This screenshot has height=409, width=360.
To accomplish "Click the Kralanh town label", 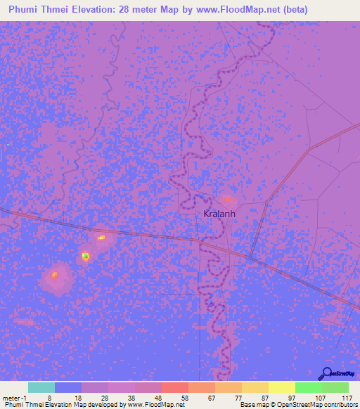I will click(217, 214).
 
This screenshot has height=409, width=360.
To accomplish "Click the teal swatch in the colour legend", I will click(41, 387).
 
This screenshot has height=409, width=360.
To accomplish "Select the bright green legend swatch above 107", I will click(308, 387).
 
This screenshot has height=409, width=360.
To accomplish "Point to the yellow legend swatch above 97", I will click(281, 387).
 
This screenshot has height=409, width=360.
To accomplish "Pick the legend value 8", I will click(49, 397).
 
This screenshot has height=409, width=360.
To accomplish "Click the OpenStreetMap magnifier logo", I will click(326, 374).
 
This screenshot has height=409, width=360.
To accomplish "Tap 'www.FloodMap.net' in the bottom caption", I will click(155, 405).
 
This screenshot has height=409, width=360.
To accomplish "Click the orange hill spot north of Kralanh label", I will click(228, 200).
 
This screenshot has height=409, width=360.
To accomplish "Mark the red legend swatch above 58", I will click(174, 387).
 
